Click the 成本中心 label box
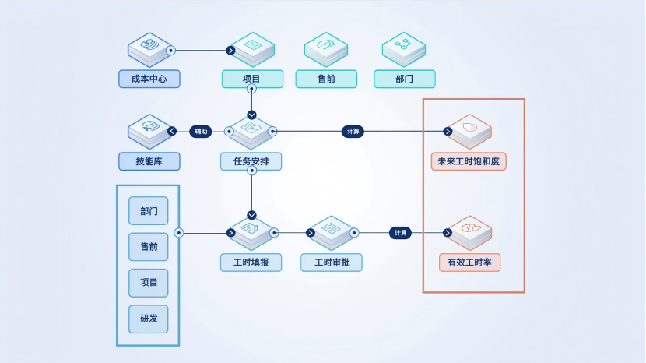coord(149,79)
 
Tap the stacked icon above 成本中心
coord(149,48)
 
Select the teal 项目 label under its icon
coord(251,79)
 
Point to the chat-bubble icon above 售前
coord(325,48)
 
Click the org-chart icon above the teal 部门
coord(403,48)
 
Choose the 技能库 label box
coord(149,161)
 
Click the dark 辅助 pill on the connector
coord(201,132)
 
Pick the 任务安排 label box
coord(251,161)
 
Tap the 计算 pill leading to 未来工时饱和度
coord(353,132)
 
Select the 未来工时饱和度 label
coord(469,161)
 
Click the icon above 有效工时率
coord(470,231)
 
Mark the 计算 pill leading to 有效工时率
coord(400,232)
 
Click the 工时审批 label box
coord(332,263)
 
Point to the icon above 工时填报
coord(251,231)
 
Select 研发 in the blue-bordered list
coord(149,319)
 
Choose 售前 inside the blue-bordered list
coord(149,247)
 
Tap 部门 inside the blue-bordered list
coord(149,211)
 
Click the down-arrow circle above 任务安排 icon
coord(251,115)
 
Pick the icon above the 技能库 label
coord(149,131)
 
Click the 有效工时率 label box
coord(470,263)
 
